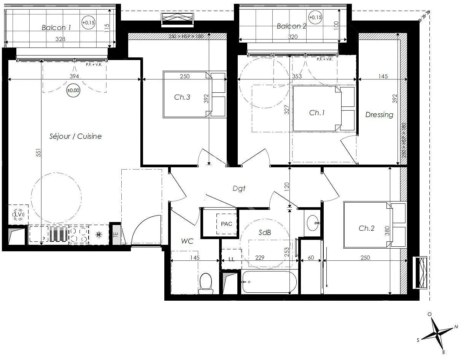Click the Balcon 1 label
point(56,28)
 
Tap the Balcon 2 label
point(291,26)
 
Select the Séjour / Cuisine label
point(76,136)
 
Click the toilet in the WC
point(206,284)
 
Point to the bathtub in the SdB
point(269,282)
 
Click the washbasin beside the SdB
point(313,223)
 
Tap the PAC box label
point(226,224)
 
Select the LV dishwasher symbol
point(18,215)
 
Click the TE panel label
point(116,234)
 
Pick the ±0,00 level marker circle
point(73,90)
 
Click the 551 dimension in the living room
point(38,152)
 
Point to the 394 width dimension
point(74,76)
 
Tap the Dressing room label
point(379,115)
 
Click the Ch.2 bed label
point(366,228)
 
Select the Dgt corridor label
point(239,189)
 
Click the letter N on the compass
point(456,327)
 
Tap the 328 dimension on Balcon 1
point(60,39)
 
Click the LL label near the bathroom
point(231,259)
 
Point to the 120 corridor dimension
point(287,187)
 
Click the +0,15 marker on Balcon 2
point(315,17)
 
